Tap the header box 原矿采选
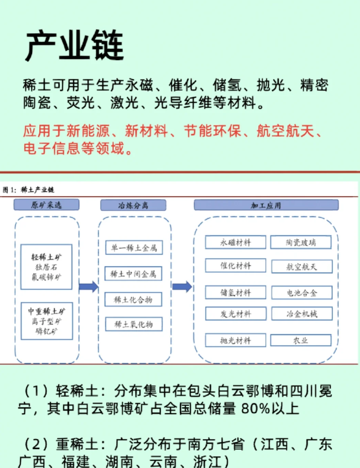pyautogui.click(x=46, y=205)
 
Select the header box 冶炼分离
pyautogui.click(x=133, y=205)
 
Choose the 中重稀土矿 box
pyautogui.click(x=46, y=321)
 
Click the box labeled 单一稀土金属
pyautogui.click(x=133, y=247)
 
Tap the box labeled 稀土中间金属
pyautogui.click(x=133, y=274)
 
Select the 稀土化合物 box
pyautogui.click(x=133, y=299)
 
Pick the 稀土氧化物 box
pyautogui.click(x=133, y=324)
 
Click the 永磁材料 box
pyautogui.click(x=236, y=242)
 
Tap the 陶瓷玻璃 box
pyautogui.click(x=301, y=242)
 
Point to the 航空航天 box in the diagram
pyautogui.click(x=301, y=266)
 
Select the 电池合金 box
pyautogui.click(x=301, y=292)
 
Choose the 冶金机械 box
pyautogui.click(x=301, y=314)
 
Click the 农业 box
pyautogui.click(x=301, y=341)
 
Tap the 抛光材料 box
pyautogui.click(x=236, y=341)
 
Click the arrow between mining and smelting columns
pyautogui.click(x=88, y=287)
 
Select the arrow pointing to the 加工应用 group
pyautogui.click(x=182, y=287)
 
